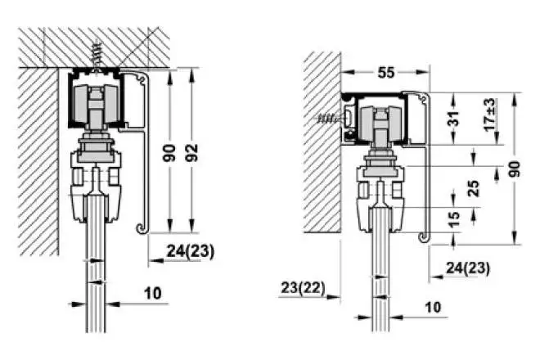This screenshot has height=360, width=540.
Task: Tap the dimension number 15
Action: tap(455, 218)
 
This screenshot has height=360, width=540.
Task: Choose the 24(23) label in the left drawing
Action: tap(189, 252)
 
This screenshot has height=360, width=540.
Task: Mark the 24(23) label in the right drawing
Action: tap(469, 267)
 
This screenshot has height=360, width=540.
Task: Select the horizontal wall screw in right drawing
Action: tap(329, 119)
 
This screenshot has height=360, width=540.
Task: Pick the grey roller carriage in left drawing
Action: tap(97, 106)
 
